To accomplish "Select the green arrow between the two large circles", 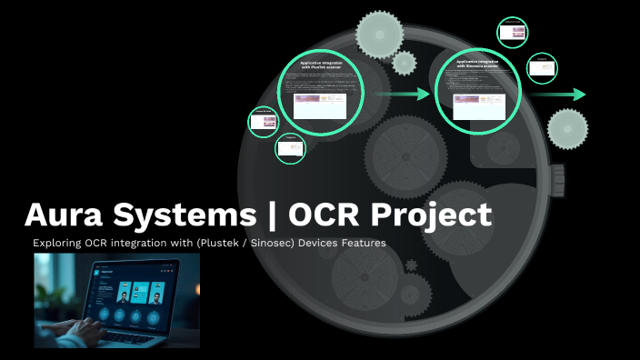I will click(x=403, y=94).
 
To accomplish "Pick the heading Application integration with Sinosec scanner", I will click(x=478, y=64).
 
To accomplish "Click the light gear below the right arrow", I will click(x=568, y=128).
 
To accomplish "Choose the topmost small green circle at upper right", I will click(x=513, y=32).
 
